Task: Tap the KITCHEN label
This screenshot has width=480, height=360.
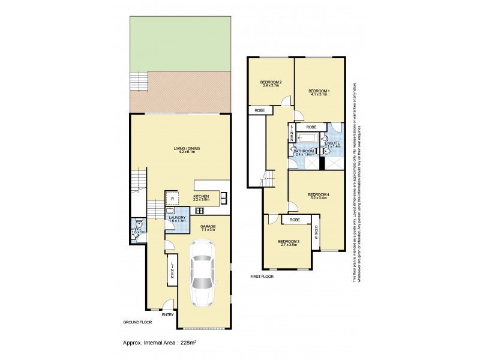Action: click(x=200, y=196)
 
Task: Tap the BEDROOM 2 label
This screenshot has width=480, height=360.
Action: click(x=271, y=82)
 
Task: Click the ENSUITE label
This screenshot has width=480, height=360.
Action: click(x=332, y=143)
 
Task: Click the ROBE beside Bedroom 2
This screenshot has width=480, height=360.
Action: click(x=260, y=110)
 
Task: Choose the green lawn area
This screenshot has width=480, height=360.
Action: click(x=181, y=42)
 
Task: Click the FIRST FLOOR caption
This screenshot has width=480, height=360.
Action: click(x=263, y=277)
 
